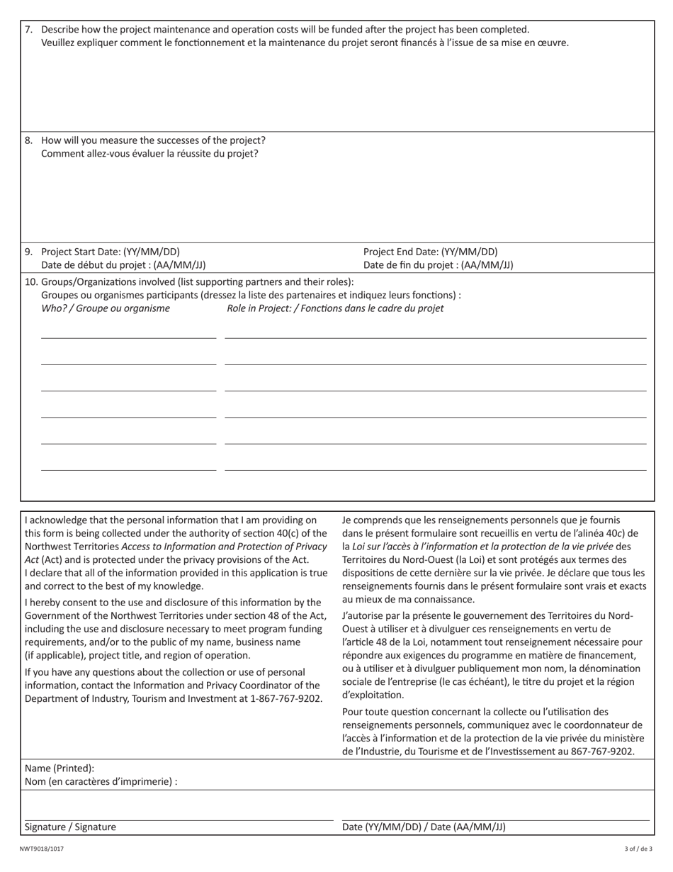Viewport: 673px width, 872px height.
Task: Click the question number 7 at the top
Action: tap(28, 30)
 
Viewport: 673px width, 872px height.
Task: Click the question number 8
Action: tap(28, 140)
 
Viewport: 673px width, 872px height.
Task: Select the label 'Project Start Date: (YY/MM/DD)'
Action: tap(111, 252)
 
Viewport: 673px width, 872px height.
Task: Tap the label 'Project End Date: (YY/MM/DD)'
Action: tap(430, 252)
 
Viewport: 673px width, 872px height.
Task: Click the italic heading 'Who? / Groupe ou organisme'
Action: tap(106, 308)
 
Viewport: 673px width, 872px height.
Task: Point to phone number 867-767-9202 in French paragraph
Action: tap(602, 751)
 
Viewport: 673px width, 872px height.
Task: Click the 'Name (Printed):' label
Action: tap(60, 768)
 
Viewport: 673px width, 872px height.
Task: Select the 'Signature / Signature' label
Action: tap(70, 827)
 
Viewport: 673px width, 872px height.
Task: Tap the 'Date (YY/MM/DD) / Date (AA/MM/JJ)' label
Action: tap(424, 827)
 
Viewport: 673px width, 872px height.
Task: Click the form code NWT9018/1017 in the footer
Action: tap(41, 849)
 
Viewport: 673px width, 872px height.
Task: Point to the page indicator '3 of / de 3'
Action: tap(638, 849)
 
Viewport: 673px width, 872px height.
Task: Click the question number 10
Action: tap(31, 281)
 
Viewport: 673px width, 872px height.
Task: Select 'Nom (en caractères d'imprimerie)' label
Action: tap(101, 781)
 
